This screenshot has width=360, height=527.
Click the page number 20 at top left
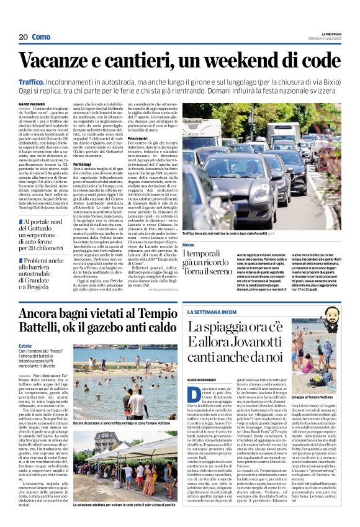(x=23, y=37)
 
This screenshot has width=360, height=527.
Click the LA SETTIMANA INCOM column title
(x=212, y=313)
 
